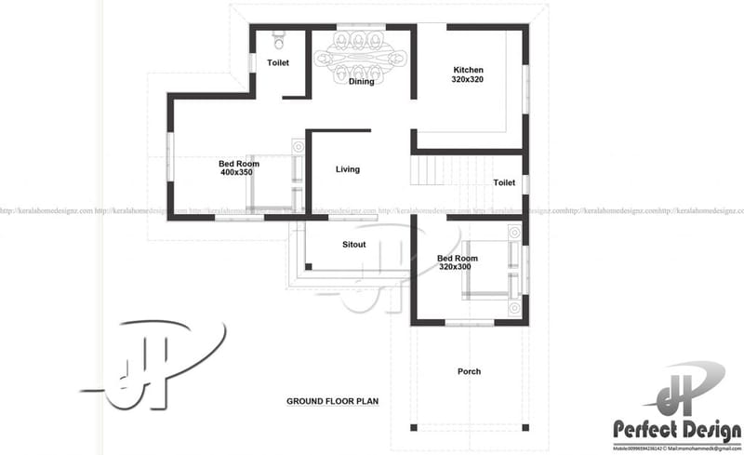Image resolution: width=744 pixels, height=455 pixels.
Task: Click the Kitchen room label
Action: [468, 70]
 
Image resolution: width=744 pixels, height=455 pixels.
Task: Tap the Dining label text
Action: [361, 82]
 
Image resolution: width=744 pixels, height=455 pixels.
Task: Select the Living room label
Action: [348, 169]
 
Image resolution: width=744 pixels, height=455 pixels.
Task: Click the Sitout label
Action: [353, 245]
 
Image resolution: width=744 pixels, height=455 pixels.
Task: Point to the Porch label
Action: [469, 372]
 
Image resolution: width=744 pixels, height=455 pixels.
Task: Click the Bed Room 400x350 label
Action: [238, 164]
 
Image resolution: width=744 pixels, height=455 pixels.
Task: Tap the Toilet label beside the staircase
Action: [504, 183]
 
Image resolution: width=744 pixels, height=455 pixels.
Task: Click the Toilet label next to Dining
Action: [278, 63]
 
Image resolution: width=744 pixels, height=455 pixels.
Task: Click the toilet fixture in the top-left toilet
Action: [278, 41]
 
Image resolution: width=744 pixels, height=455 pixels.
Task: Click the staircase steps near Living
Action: [429, 171]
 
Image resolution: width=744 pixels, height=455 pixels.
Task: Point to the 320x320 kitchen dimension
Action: [468, 79]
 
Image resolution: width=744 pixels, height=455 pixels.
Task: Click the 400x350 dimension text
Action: [237, 172]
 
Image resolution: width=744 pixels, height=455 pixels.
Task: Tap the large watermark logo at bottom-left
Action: [158, 363]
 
